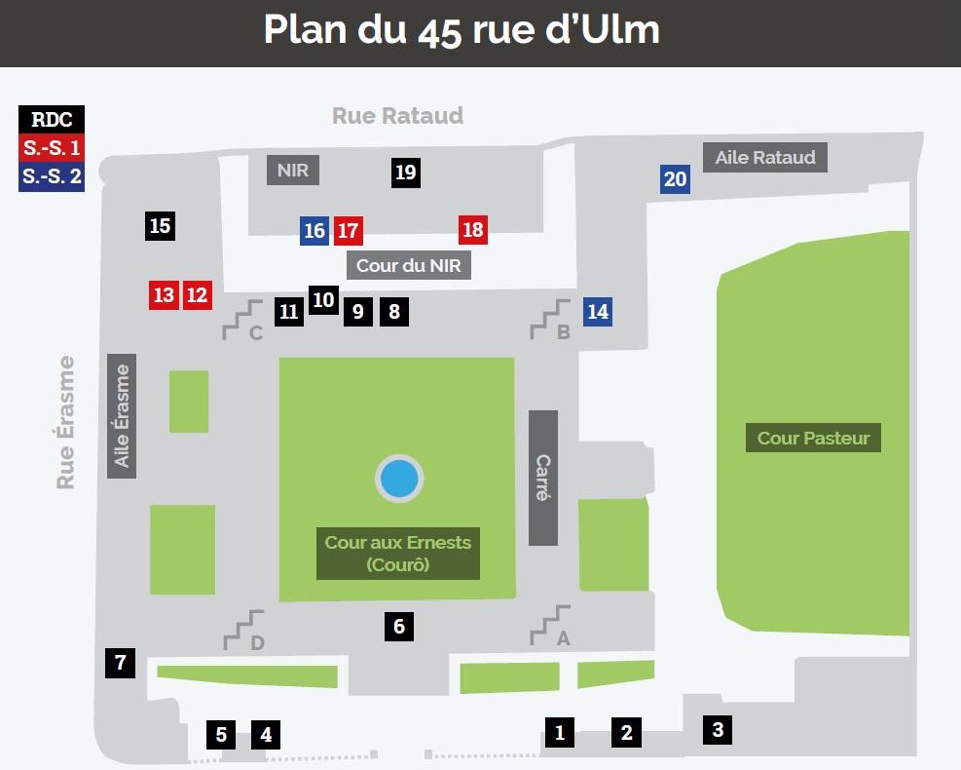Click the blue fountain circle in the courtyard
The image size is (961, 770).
399,479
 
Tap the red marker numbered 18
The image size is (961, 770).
473,230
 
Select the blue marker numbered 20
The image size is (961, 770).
676,178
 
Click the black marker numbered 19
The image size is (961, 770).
406,173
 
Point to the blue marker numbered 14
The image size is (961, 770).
598,312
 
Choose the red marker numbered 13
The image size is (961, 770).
164,294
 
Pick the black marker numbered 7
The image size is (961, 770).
120,664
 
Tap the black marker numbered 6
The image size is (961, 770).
399,627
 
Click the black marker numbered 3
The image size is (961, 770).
718,729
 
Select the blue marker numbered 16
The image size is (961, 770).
314,231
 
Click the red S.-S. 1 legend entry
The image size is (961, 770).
52,149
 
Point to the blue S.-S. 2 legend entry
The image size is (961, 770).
52,178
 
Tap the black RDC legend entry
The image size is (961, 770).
52,120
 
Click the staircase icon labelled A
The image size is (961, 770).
550,625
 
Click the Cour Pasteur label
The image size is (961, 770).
813,438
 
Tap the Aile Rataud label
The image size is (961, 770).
765,157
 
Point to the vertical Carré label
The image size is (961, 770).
543,478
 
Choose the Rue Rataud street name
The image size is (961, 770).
397,116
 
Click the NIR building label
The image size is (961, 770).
293,171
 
